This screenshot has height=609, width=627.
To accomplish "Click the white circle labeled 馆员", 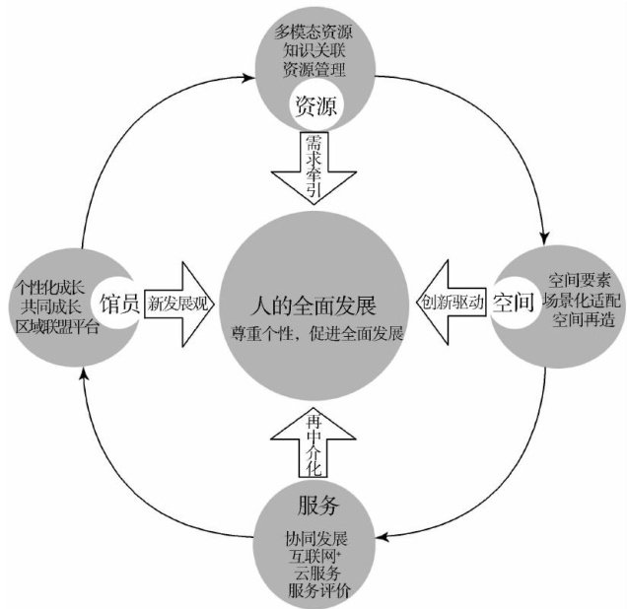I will tap(122, 301).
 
